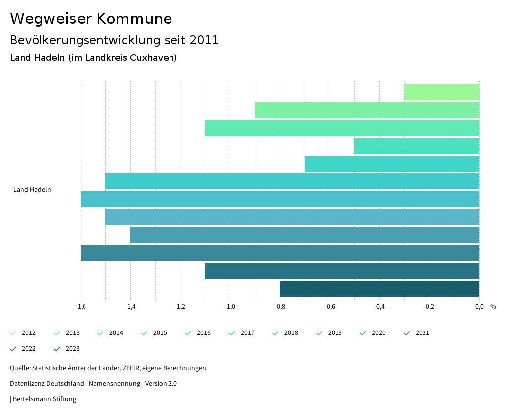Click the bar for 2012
[441, 92]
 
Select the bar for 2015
[417, 146]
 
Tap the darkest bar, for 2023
[379, 289]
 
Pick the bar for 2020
[304, 235]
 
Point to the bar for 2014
[342, 128]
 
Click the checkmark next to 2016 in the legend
[188, 333]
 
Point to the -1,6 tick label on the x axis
[81, 307]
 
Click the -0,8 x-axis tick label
[280, 307]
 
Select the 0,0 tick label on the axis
[479, 307]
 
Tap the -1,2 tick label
[180, 307]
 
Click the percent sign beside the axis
[493, 307]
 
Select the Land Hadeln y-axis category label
[32, 190]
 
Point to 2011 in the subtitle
[205, 40]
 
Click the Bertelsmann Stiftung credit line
[44, 399]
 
